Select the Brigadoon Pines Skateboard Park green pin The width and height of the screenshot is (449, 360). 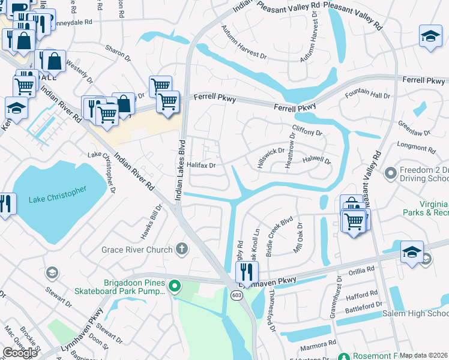tap(175, 286)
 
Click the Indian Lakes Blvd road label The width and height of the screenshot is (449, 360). tap(178, 169)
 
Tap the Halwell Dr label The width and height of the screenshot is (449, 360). tap(316, 160)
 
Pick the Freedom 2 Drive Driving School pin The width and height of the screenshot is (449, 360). tap(391, 173)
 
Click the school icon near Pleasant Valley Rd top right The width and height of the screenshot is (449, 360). tap(430, 37)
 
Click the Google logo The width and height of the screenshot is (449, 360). tap(20, 353)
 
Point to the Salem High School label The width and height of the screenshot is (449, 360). tap(420, 314)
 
